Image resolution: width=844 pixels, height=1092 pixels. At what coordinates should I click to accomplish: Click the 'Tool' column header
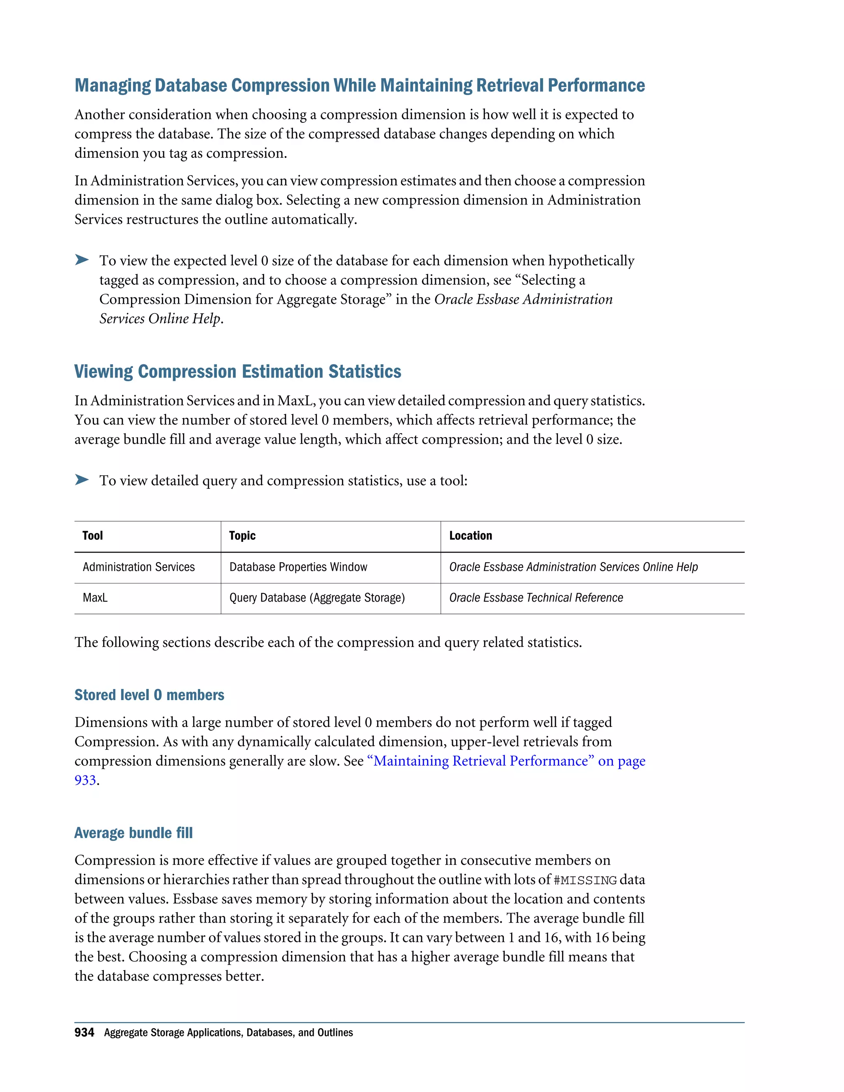coord(92,536)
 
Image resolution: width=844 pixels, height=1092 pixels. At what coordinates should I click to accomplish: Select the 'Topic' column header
coord(242,536)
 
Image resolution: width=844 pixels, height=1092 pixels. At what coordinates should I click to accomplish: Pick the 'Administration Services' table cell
coord(138,567)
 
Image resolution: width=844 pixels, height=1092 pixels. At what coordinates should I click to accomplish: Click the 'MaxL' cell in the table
coord(95,598)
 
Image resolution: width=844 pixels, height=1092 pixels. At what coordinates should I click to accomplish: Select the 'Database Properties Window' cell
coord(298,567)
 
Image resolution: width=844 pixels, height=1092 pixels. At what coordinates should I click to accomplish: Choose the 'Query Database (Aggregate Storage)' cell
coord(317,598)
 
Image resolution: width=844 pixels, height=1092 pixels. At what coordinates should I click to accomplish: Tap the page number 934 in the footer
coord(84,1033)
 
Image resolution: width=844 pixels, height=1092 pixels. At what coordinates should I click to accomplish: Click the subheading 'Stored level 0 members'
coord(149,695)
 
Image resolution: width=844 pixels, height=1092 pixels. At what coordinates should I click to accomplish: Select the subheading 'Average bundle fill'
coord(133,832)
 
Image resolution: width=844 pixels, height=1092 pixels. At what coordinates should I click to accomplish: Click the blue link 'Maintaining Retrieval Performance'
coord(480,761)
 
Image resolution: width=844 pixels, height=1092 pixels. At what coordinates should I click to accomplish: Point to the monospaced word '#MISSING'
coord(585,880)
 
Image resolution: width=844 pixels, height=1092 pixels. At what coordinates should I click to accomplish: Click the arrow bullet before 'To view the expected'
coord(82,260)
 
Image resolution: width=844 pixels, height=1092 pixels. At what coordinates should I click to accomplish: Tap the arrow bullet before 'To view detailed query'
coord(82,480)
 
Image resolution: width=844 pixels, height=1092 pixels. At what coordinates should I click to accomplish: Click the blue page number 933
coord(85,780)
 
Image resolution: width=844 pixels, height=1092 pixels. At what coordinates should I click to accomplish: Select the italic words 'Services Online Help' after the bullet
coord(160,319)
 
